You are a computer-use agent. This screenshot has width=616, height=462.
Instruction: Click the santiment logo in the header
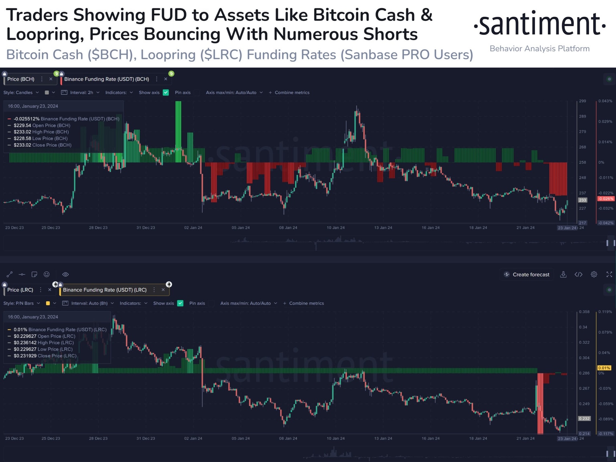click(539, 25)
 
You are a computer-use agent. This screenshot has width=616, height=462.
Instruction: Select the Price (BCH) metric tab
click(21, 79)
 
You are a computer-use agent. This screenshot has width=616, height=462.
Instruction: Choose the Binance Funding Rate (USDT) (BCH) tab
click(107, 79)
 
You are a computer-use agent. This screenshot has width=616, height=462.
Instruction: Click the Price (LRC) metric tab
click(20, 290)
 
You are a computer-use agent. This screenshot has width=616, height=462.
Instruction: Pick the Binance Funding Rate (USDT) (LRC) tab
click(105, 290)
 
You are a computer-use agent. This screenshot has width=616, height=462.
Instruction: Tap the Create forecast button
click(527, 274)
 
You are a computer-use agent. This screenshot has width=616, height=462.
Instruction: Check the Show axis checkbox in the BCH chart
click(166, 92)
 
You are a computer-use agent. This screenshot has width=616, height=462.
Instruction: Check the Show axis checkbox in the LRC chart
click(180, 303)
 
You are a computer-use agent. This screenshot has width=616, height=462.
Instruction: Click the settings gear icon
click(594, 274)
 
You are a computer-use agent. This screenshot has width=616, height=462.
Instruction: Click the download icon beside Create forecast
click(563, 274)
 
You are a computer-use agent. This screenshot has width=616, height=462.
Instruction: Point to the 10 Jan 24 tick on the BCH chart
click(336, 227)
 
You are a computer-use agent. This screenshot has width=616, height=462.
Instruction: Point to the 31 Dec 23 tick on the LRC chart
click(146, 438)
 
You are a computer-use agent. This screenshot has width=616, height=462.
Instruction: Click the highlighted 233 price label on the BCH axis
click(582, 200)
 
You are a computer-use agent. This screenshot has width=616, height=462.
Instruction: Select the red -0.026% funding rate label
click(605, 199)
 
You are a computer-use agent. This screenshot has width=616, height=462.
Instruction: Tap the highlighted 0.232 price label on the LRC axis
click(584, 418)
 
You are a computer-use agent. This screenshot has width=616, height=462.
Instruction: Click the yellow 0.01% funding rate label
click(604, 368)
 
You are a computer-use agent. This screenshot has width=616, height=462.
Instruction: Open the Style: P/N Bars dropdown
click(22, 303)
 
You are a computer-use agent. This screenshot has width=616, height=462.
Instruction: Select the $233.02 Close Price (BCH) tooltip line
click(42, 145)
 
